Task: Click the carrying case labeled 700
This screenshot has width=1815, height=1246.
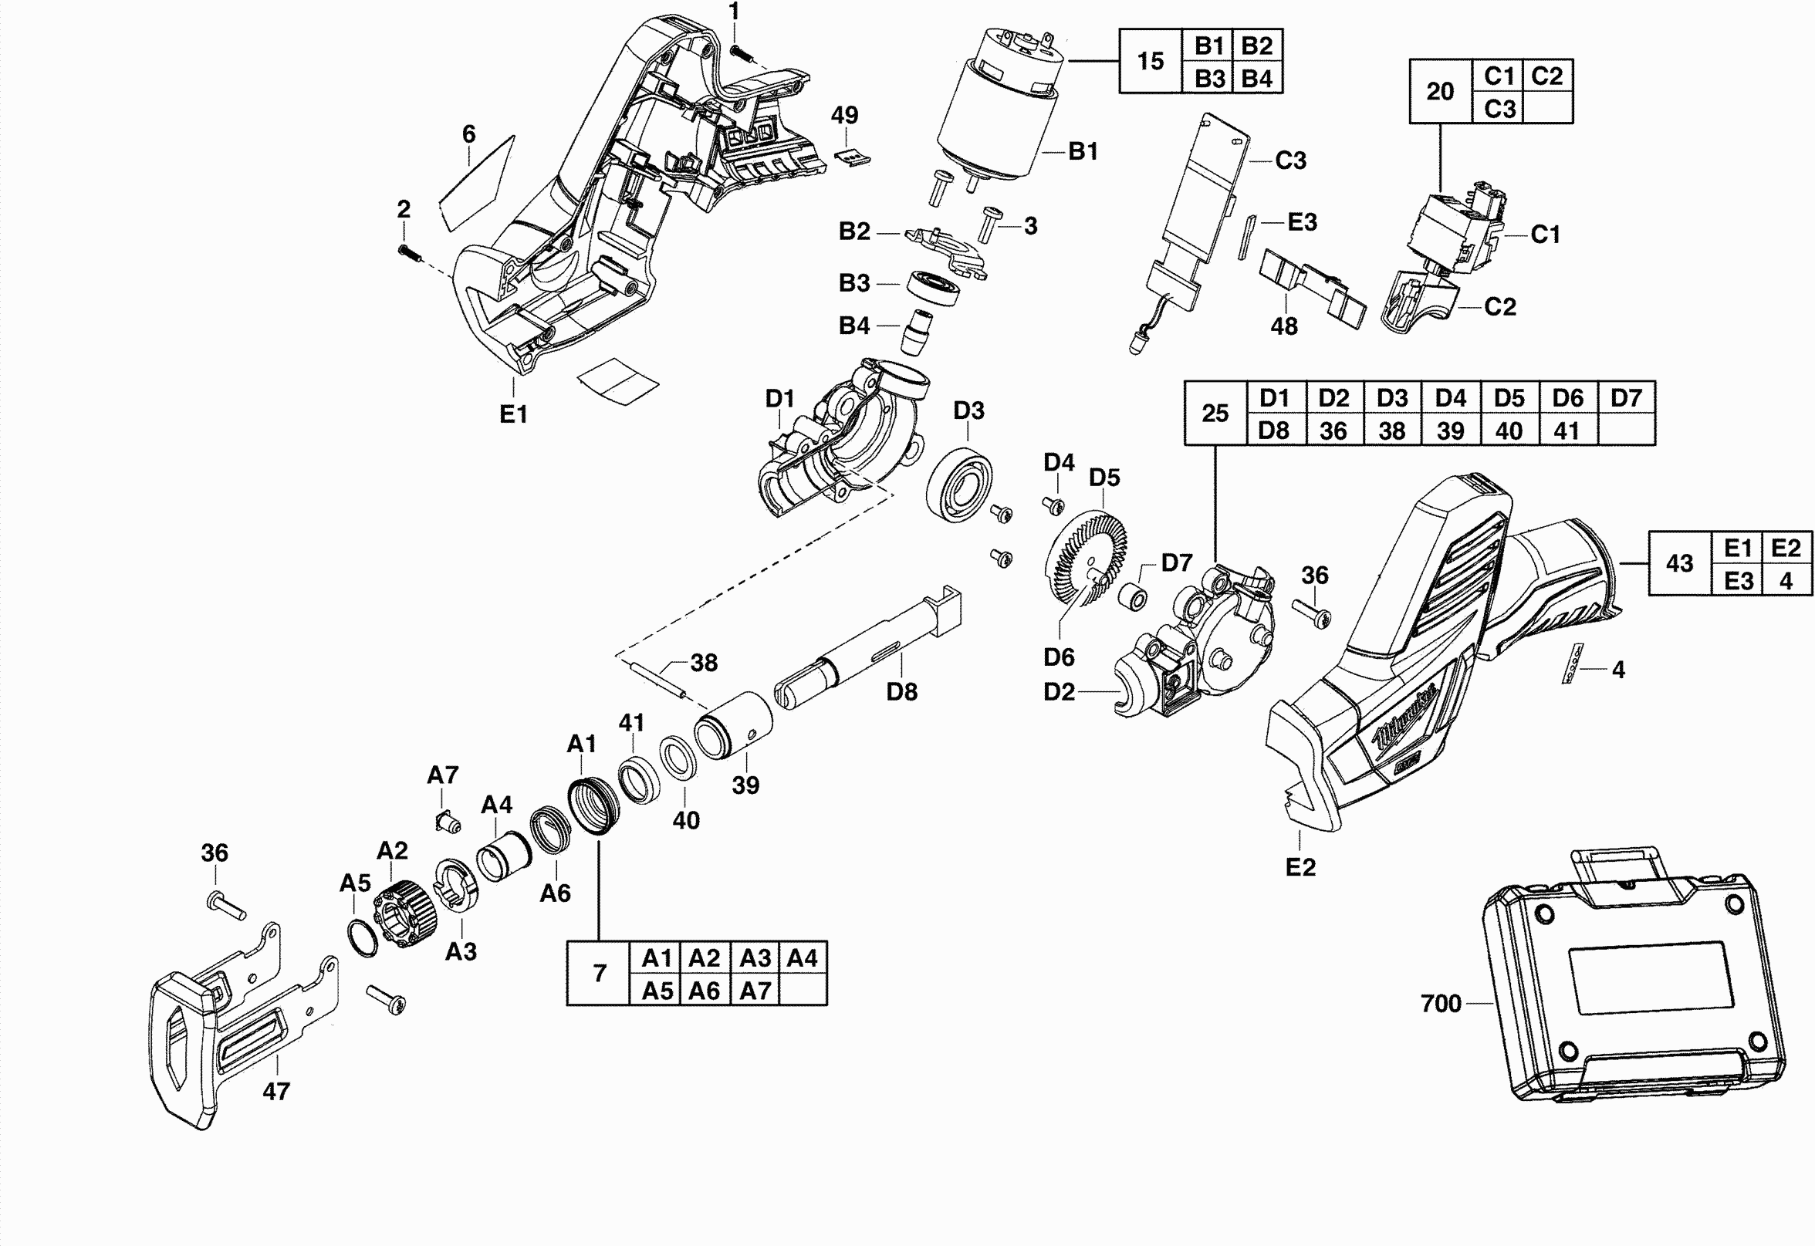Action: (x=1632, y=991)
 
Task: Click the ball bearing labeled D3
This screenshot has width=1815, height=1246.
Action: (x=959, y=485)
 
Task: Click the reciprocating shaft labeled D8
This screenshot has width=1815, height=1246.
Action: (x=867, y=648)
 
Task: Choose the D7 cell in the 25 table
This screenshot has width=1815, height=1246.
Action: (x=1626, y=398)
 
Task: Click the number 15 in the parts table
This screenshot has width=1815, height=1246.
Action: (x=1151, y=61)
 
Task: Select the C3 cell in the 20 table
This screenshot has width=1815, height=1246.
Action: (x=1499, y=108)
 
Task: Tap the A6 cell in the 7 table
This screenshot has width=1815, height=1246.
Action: (x=704, y=990)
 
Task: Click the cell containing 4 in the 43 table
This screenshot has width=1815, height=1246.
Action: (x=1786, y=580)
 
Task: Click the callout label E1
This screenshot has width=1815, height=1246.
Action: (x=513, y=414)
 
